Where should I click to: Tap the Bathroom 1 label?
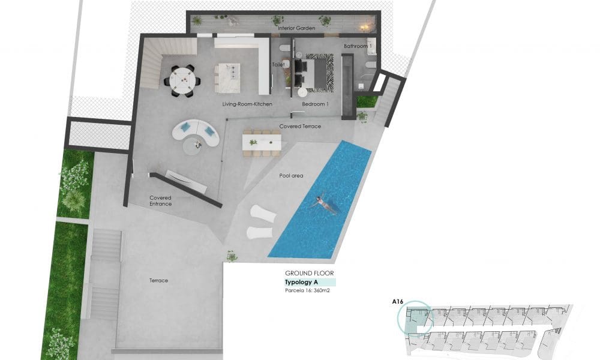[x=358, y=46]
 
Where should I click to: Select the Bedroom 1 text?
[x=316, y=104]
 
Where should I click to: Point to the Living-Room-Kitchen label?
[x=247, y=104]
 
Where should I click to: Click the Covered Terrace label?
[x=300, y=127]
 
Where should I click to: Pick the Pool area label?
[x=292, y=176]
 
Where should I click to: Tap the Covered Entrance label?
[x=161, y=201]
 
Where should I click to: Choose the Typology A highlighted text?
[x=301, y=282]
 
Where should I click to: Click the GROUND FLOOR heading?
[x=310, y=273]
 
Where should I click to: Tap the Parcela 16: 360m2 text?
[x=308, y=291]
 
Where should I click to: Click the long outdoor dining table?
[x=262, y=142]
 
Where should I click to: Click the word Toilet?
[x=278, y=64]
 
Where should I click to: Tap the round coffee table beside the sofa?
[x=197, y=143]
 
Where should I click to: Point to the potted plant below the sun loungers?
[x=232, y=256]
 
